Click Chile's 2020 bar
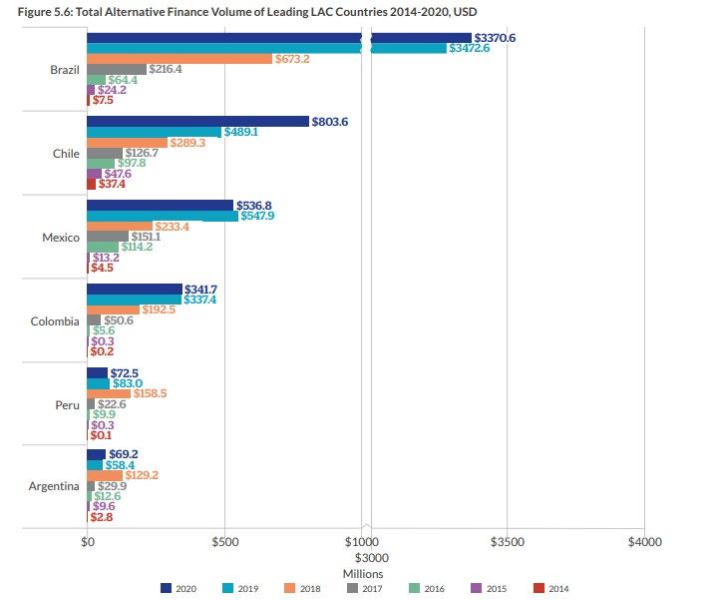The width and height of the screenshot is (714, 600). (x=197, y=121)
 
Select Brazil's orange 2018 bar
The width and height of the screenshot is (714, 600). (x=179, y=59)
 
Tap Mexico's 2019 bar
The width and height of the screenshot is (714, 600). (x=163, y=216)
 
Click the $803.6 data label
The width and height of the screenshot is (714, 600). (x=332, y=121)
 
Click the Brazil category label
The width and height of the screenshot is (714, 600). (x=65, y=70)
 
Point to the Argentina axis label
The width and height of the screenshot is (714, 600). (x=54, y=486)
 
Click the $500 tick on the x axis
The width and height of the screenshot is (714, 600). (x=225, y=541)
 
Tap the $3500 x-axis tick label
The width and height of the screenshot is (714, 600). (x=507, y=541)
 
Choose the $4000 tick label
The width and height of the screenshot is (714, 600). (x=644, y=541)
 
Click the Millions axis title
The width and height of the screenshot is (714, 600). (x=363, y=574)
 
